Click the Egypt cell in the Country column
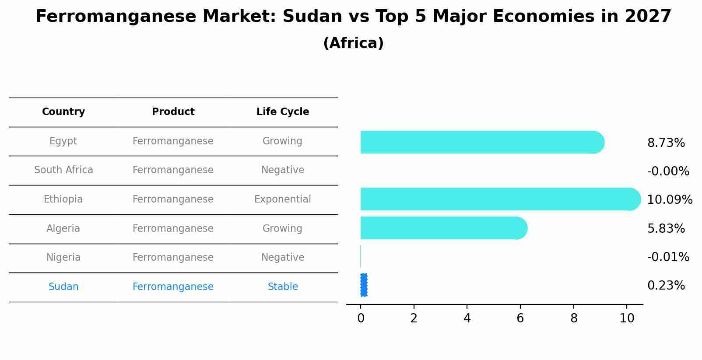pyautogui.click(x=63, y=141)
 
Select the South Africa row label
pyautogui.click(x=63, y=170)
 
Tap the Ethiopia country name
pyautogui.click(x=63, y=199)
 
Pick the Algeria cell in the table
pyautogui.click(x=63, y=229)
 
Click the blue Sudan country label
pyautogui.click(x=63, y=287)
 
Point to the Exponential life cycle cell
pyautogui.click(x=282, y=199)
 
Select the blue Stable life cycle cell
pyautogui.click(x=283, y=287)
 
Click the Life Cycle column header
pyautogui.click(x=283, y=112)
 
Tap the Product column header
pyautogui.click(x=173, y=112)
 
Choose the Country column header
pyautogui.click(x=63, y=112)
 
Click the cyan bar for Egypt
pyautogui.click(x=481, y=142)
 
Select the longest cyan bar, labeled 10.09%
pyautogui.click(x=499, y=199)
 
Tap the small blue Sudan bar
pyautogui.click(x=364, y=285)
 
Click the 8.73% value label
pyautogui.click(x=666, y=143)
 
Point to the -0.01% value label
pyautogui.click(x=668, y=257)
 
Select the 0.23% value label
pyautogui.click(x=666, y=286)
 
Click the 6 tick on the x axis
pyautogui.click(x=520, y=318)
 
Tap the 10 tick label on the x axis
pyautogui.click(x=627, y=318)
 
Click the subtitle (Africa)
pyautogui.click(x=353, y=43)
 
